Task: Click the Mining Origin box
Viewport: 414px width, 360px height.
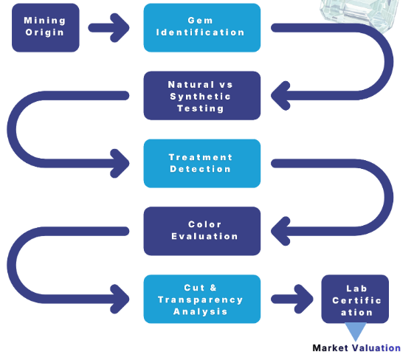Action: (x=46, y=28)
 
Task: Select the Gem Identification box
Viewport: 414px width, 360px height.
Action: (x=202, y=28)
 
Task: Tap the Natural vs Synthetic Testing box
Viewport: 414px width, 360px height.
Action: (x=202, y=96)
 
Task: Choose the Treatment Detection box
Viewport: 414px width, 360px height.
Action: (x=202, y=163)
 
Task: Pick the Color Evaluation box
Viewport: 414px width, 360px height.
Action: (x=202, y=231)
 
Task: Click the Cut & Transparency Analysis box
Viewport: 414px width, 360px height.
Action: (x=202, y=299)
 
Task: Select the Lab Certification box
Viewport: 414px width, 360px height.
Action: (x=355, y=299)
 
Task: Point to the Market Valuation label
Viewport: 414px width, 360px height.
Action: (x=356, y=348)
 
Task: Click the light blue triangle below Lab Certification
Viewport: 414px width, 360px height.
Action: (x=356, y=330)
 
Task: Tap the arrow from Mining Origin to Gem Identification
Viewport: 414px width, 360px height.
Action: (x=108, y=28)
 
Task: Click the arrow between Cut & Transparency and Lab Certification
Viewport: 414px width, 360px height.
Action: (x=292, y=299)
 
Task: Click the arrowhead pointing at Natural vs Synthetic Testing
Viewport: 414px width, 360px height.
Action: (x=280, y=96)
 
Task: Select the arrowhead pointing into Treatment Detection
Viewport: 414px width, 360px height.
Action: (x=120, y=163)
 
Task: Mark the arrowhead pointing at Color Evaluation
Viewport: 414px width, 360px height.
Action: (x=280, y=231)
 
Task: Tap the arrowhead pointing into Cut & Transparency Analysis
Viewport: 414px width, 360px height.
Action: (x=120, y=299)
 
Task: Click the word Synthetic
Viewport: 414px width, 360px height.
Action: (x=201, y=97)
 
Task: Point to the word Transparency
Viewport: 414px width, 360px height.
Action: (x=201, y=300)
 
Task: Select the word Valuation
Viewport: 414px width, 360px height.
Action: (x=377, y=348)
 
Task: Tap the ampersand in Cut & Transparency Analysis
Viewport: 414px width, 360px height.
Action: (x=213, y=288)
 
